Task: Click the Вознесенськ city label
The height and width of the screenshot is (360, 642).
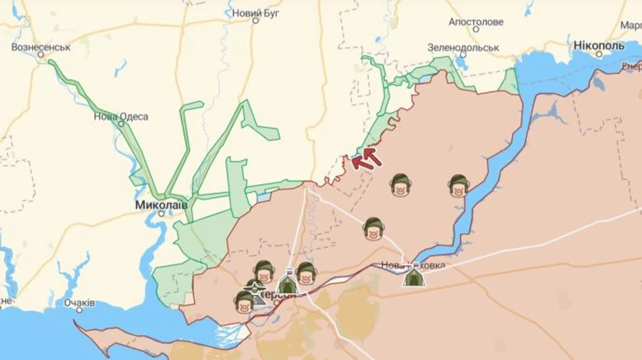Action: pyautogui.click(x=41, y=47)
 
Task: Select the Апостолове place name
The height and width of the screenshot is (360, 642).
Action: pyautogui.click(x=476, y=21)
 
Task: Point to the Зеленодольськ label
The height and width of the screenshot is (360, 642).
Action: pyautogui.click(x=463, y=48)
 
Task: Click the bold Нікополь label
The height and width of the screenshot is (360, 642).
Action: pyautogui.click(x=598, y=46)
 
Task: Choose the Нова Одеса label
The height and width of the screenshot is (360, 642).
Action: pyautogui.click(x=121, y=116)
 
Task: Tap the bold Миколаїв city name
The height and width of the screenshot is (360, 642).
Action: pyautogui.click(x=161, y=205)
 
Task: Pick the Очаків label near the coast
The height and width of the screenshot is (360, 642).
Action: pyautogui.click(x=79, y=303)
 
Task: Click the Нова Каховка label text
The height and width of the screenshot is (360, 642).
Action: pyautogui.click(x=413, y=265)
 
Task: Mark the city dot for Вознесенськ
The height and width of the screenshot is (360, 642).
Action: pyautogui.click(x=51, y=61)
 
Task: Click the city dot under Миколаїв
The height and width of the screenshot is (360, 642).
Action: pyautogui.click(x=162, y=213)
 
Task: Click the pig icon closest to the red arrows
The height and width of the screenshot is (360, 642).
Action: pyautogui.click(x=400, y=185)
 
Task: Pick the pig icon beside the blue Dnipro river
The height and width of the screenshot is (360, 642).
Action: pyautogui.click(x=459, y=185)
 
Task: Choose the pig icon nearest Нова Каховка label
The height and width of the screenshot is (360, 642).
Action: pyautogui.click(x=373, y=228)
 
